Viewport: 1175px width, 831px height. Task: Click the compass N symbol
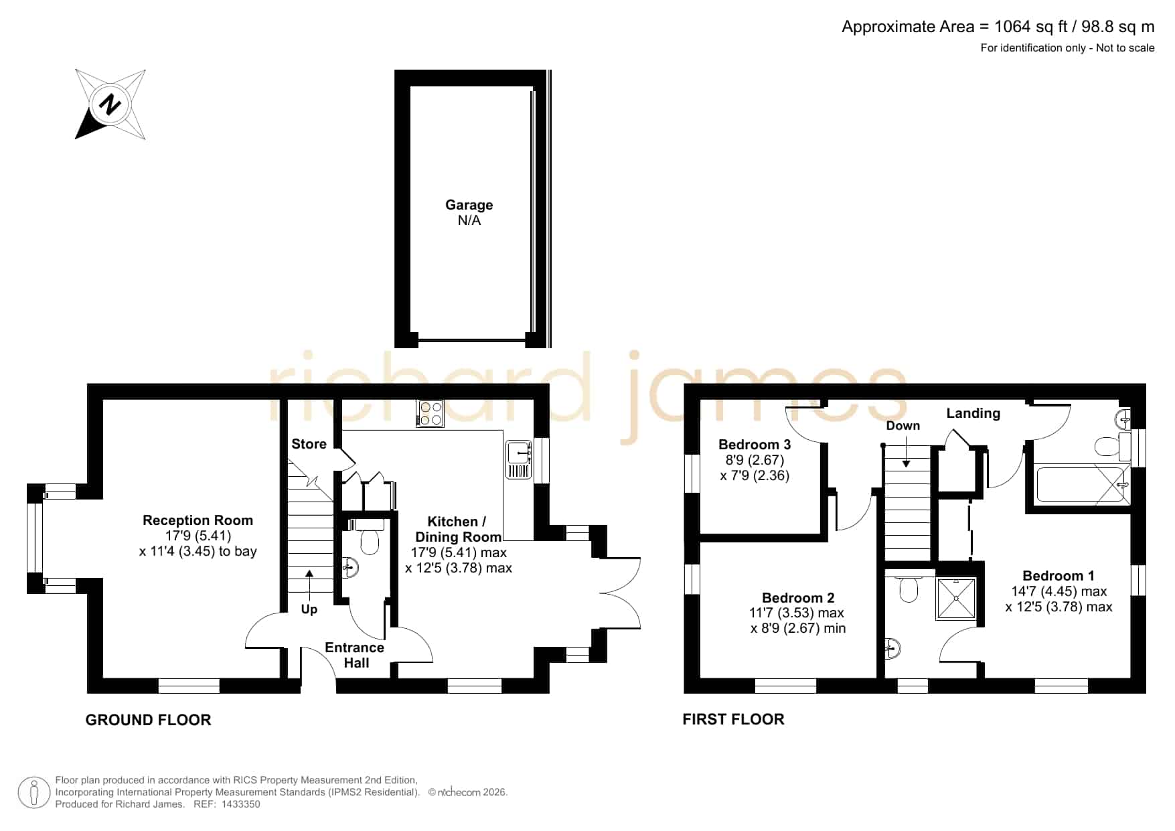[110, 104]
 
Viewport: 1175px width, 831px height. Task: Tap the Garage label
[469, 205]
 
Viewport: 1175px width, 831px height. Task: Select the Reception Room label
[198, 520]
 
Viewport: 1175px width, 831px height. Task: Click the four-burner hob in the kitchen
[430, 413]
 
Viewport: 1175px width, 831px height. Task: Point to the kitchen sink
[519, 459]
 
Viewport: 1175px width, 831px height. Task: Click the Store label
[309, 444]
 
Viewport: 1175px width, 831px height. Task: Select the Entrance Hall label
[355, 655]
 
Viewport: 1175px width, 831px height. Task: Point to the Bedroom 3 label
[755, 445]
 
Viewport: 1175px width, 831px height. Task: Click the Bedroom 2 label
[798, 598]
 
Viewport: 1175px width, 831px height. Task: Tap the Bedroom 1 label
[1059, 576]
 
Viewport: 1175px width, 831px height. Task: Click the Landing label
[973, 413]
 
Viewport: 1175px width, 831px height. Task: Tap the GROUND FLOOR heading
[148, 720]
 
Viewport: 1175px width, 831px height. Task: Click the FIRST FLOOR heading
[733, 719]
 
